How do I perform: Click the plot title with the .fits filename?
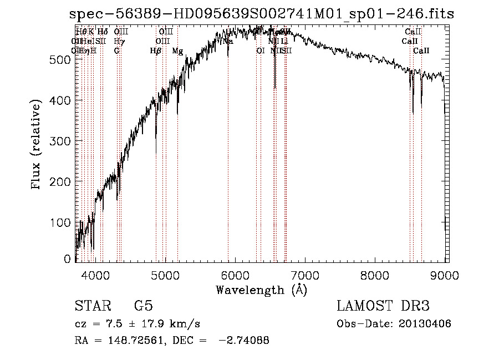coord(262,14)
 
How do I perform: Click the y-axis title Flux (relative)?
coord(37,145)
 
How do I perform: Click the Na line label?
coord(228,41)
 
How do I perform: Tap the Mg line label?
coord(177,51)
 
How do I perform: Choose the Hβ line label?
coord(156,51)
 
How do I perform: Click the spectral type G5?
coord(144,306)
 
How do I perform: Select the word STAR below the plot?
coord(92,306)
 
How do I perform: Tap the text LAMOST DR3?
coord(383,306)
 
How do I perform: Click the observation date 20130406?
coord(426,324)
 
